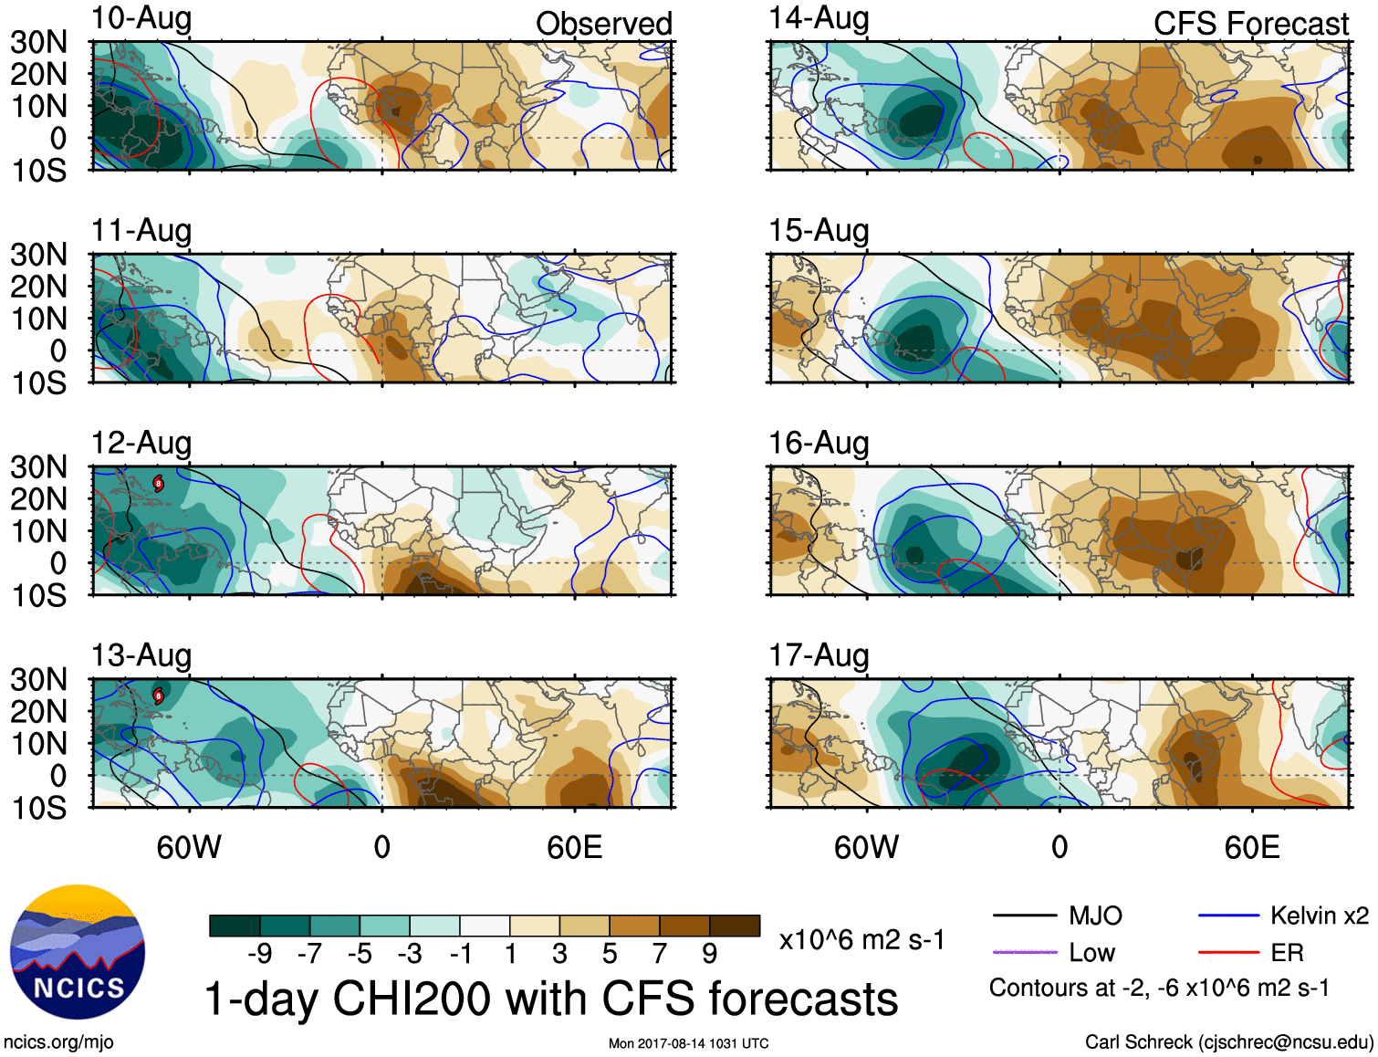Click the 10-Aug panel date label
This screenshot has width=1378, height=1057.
141,18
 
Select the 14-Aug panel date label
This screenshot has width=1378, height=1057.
819,18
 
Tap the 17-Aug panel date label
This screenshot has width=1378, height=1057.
819,655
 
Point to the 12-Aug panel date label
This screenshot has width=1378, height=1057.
141,443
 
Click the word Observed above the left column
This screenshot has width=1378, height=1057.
603,24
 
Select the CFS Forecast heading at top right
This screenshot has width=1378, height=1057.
1250,24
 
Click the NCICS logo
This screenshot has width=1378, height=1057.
78,952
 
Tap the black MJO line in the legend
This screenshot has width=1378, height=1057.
1024,916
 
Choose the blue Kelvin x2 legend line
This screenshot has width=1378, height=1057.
1228,916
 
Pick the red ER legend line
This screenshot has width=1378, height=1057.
1228,953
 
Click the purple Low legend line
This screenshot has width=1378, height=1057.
1024,953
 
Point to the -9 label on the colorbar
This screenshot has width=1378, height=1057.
260,954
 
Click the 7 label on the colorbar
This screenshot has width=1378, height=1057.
659,954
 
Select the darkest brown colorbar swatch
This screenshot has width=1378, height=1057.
735,926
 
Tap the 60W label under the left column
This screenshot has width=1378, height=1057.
189,847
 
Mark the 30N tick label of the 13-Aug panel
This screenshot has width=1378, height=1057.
38,679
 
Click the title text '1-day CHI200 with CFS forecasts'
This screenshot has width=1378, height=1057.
551,999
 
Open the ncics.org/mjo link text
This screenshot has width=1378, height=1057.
58,1042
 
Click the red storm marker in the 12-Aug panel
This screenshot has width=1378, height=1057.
159,483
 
